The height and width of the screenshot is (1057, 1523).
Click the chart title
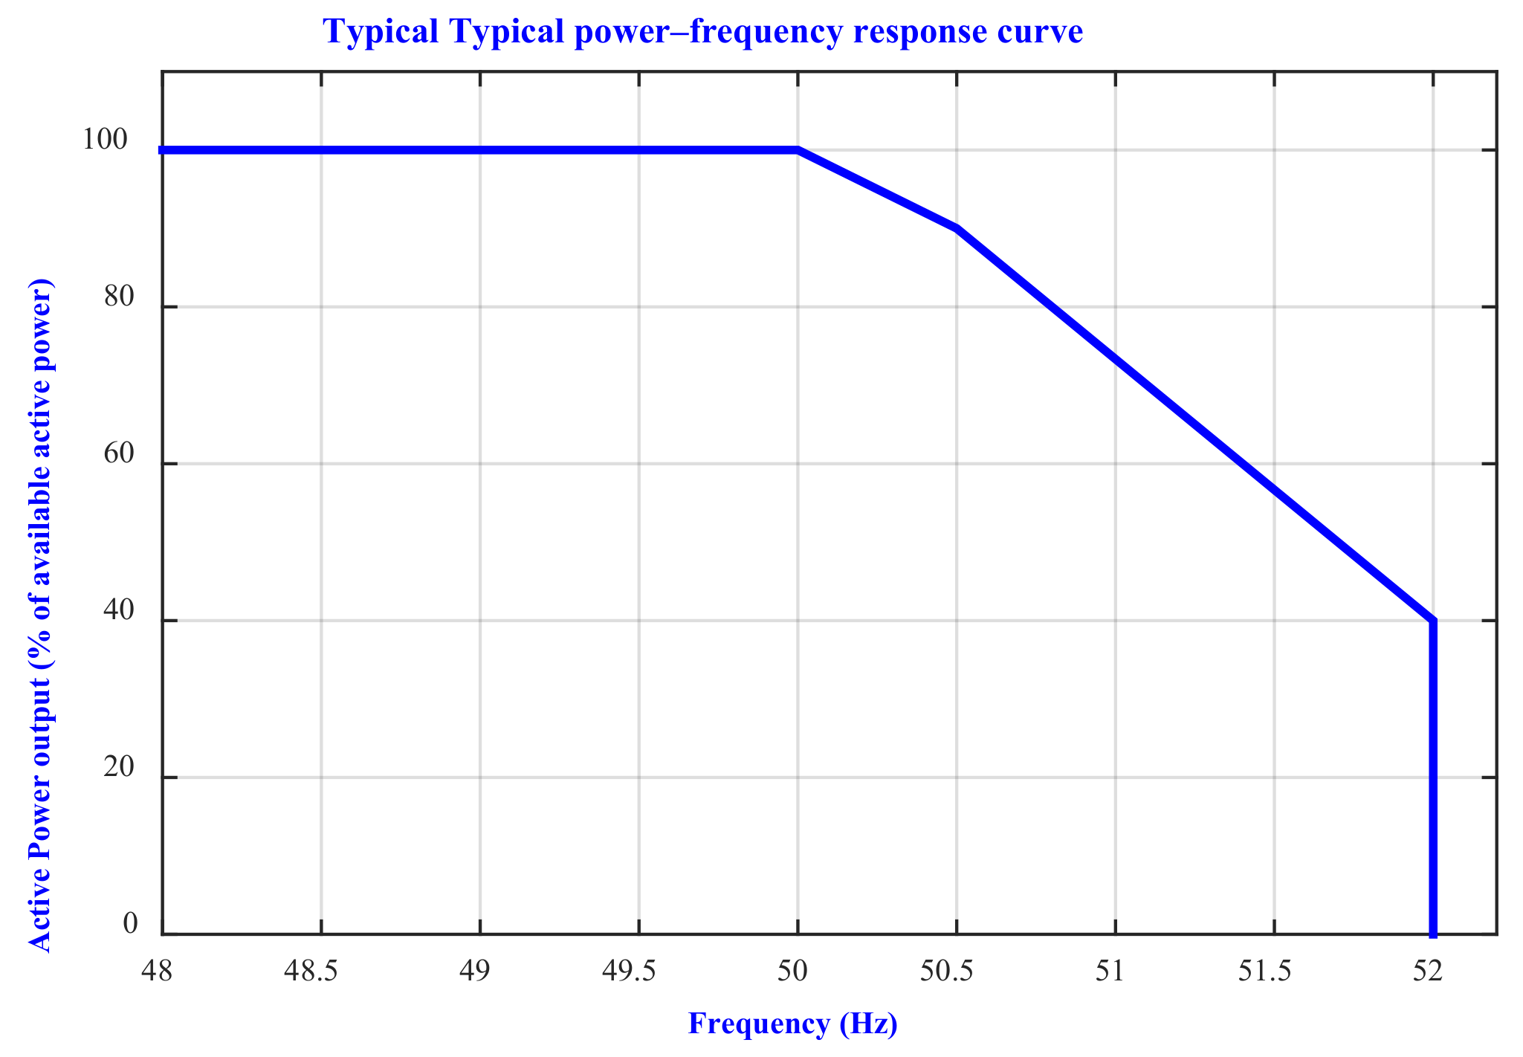[702, 32]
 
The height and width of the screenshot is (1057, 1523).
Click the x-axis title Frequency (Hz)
[792, 1024]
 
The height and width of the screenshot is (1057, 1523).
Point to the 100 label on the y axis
[105, 140]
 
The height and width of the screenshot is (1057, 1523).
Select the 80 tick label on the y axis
[118, 297]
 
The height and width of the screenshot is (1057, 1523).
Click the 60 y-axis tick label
[118, 454]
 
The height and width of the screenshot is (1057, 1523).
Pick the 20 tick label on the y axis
[118, 768]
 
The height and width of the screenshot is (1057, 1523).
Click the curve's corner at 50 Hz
[798, 150]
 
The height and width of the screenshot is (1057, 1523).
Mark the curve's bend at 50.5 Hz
[957, 228]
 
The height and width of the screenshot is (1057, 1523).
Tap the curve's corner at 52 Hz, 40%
[1433, 621]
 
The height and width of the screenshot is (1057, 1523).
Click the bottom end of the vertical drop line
[1433, 933]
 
